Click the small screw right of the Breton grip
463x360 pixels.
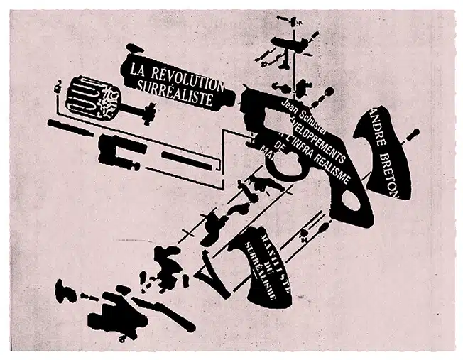click(x=415, y=134)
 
